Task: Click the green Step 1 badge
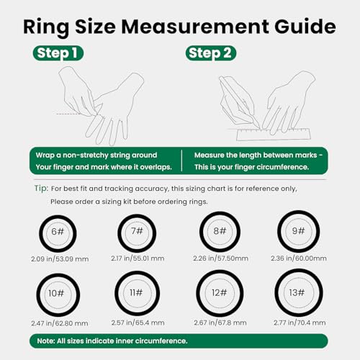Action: [58, 53]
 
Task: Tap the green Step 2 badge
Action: [211, 53]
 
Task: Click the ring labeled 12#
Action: [219, 293]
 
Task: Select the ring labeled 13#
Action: [296, 292]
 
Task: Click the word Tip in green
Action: [40, 189]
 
